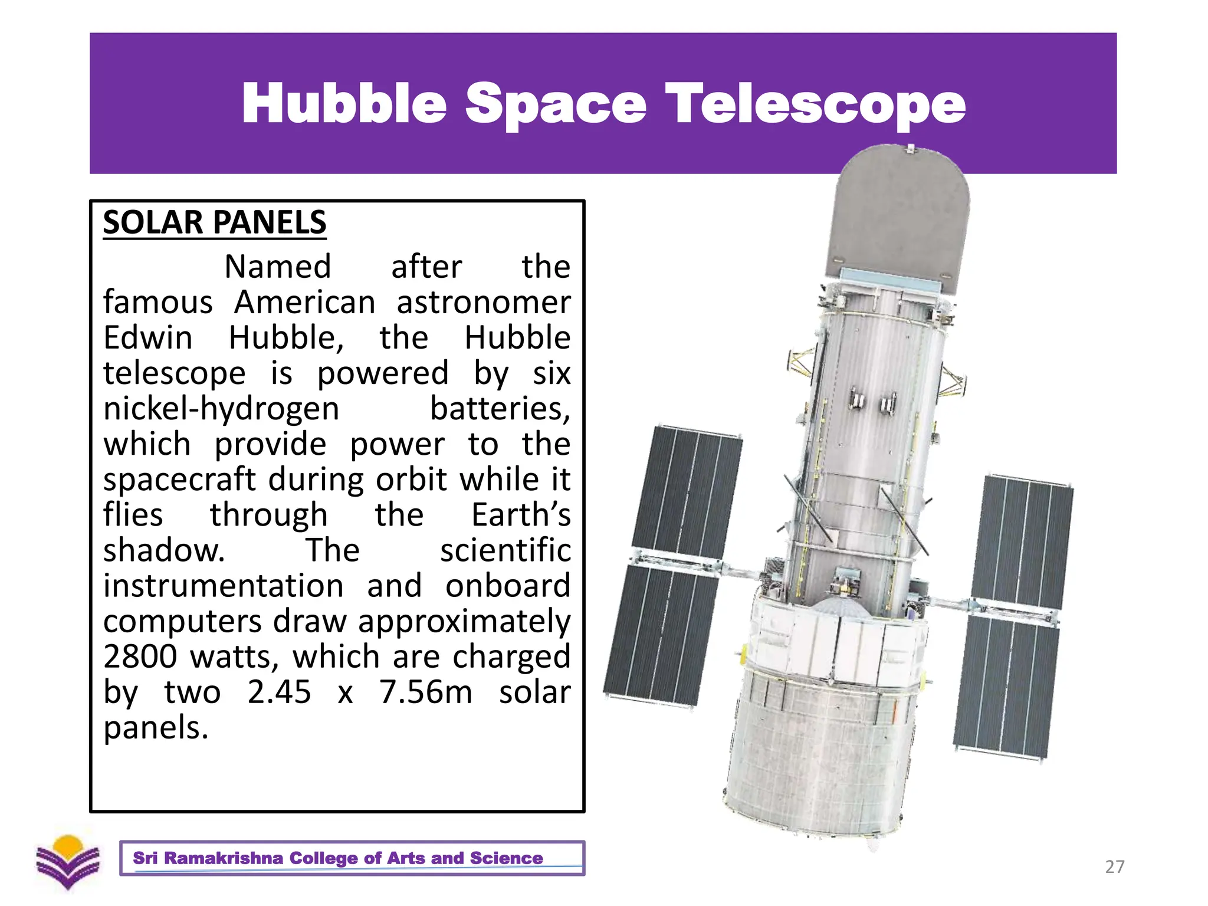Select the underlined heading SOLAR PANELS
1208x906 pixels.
point(215,222)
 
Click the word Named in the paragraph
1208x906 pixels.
point(278,267)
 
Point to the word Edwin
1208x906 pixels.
point(148,337)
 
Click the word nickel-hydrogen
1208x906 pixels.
point(221,409)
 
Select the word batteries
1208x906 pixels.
point(500,408)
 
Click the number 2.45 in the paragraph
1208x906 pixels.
point(279,692)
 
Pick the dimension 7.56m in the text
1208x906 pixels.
point(425,692)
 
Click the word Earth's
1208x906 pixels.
point(521,515)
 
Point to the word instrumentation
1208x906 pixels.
point(224,586)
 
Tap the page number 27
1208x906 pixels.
point(1114,866)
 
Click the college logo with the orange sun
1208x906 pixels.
point(68,862)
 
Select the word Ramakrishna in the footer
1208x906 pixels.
point(224,858)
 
